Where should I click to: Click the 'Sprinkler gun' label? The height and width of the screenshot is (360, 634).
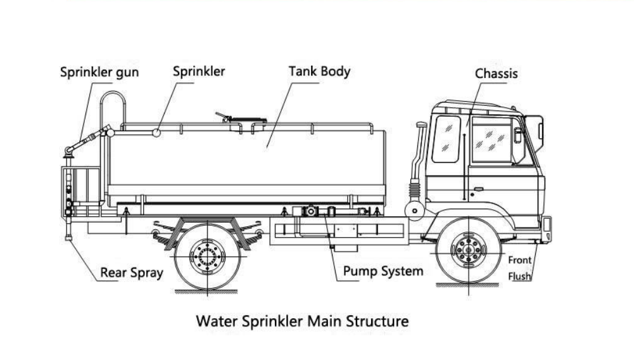coord(99,72)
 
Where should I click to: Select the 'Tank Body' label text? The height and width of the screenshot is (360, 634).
coord(319,71)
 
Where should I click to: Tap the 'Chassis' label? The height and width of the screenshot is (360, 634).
coord(496,74)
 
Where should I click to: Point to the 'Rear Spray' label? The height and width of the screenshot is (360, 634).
coord(131,273)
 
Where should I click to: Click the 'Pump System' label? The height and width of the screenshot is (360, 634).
coord(383,272)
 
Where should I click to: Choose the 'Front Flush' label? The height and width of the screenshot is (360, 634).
coord(519,268)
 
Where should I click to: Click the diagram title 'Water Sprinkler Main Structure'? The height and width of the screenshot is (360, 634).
coord(302,321)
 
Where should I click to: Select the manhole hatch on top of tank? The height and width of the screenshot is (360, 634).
coord(247,119)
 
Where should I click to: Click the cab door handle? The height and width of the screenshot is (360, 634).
coord(478,189)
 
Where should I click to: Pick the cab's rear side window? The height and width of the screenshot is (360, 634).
coord(446,139)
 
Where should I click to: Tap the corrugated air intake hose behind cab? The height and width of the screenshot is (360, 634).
coord(415,188)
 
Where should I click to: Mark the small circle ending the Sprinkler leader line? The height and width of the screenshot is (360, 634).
coord(156,132)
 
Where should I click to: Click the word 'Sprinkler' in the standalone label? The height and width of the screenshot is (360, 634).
coord(199,71)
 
